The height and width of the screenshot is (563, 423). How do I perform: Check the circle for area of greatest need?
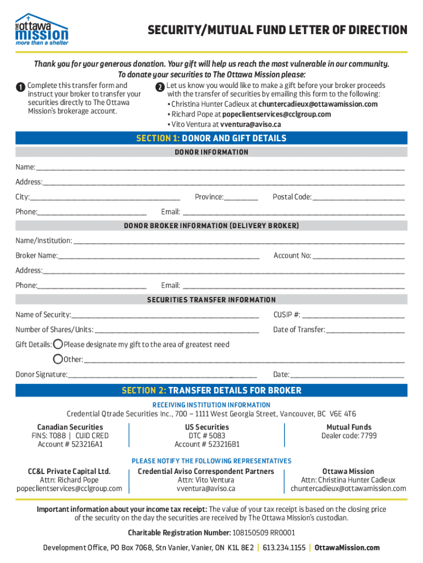click(58, 345)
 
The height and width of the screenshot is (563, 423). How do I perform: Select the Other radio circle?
click(58, 360)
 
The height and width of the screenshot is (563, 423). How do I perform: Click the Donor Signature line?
click(162, 376)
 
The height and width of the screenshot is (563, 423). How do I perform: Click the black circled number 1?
click(20, 87)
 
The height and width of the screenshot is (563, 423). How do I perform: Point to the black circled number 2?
click(159, 87)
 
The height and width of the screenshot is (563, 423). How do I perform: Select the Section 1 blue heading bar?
click(211, 138)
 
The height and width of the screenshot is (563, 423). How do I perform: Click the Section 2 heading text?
click(211, 390)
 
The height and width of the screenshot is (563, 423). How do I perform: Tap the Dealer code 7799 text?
click(349, 436)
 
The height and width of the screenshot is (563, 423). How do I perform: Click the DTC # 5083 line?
click(207, 436)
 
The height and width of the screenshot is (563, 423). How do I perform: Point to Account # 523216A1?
click(70, 444)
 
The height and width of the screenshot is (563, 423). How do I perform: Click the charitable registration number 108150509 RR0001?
click(256, 533)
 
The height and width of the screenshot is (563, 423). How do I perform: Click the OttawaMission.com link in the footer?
click(347, 548)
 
